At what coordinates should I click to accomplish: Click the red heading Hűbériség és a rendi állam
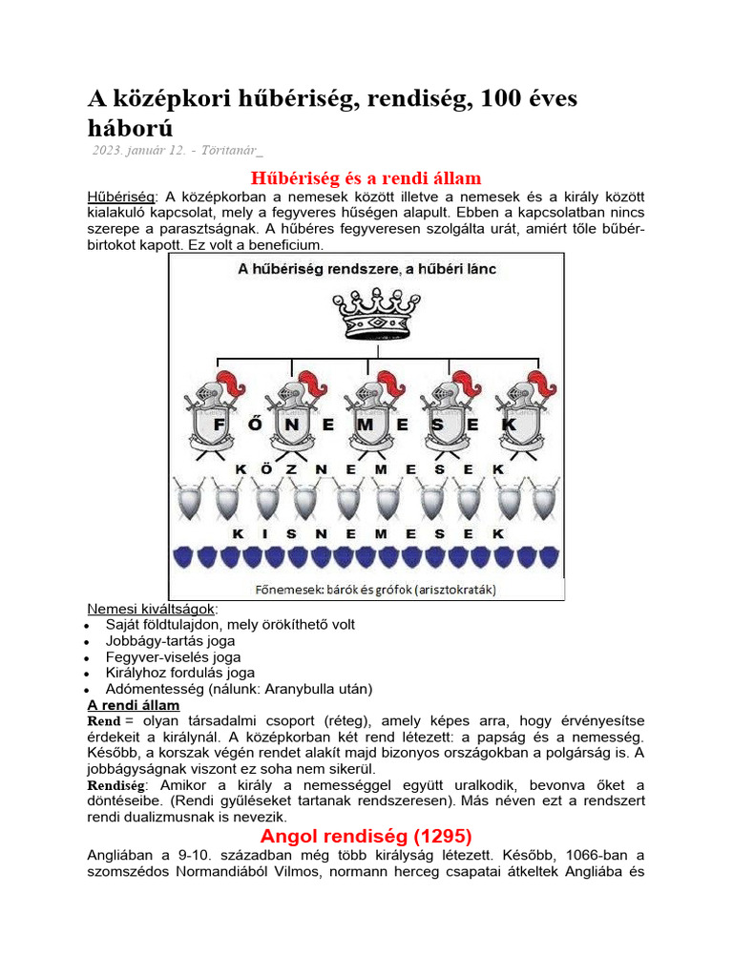pos(366,178)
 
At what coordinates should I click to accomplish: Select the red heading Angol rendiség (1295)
pos(366,836)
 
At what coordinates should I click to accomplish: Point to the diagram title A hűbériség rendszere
pos(366,270)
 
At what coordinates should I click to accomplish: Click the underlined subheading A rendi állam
pos(134,705)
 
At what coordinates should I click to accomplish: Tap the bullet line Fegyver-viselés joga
pos(174,656)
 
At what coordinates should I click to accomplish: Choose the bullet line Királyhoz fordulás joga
pos(180,673)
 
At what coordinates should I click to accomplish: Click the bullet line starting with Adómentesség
pos(239,689)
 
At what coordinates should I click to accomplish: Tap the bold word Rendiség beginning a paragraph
pos(116,785)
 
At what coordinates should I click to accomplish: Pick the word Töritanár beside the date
pos(231,150)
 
